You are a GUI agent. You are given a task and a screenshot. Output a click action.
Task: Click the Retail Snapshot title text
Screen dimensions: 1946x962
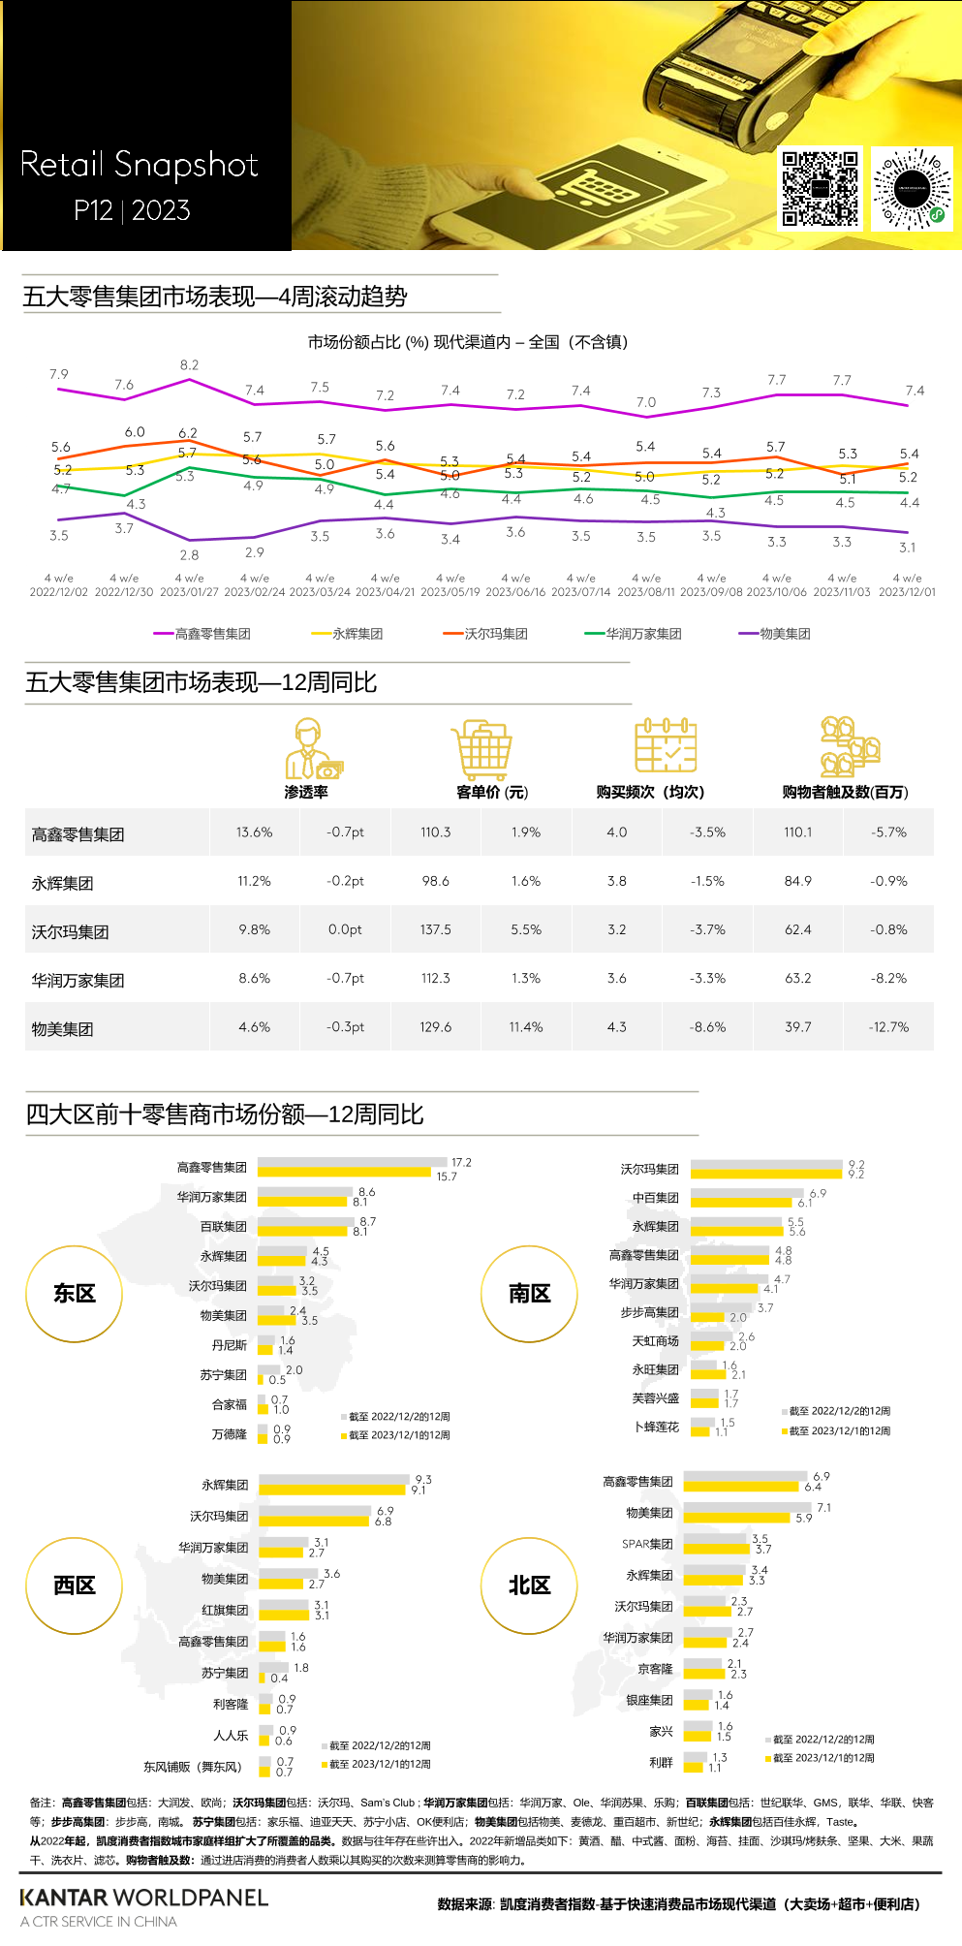[140, 165]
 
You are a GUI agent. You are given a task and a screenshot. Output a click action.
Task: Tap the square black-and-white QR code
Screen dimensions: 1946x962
[821, 188]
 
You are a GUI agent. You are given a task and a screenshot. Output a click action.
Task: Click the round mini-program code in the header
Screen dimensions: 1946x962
[912, 188]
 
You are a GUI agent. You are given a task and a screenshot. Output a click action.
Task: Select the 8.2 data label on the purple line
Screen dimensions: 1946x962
[189, 365]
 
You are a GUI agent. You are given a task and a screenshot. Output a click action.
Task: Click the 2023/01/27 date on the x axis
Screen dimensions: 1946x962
[189, 591]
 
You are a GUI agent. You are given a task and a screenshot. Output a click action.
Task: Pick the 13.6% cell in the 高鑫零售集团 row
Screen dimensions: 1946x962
[254, 832]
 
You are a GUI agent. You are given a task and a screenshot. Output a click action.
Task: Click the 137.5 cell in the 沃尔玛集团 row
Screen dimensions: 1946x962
[435, 929]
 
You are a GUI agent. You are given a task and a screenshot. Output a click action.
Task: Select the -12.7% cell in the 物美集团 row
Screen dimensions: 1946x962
[888, 1027]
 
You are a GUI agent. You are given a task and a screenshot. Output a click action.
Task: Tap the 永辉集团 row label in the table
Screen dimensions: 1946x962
[62, 883]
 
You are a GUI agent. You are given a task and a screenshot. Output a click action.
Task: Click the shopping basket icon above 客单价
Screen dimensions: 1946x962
[481, 749]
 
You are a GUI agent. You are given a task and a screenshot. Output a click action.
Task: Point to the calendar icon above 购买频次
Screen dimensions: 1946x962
[666, 745]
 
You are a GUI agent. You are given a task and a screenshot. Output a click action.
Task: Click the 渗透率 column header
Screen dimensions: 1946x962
[306, 792]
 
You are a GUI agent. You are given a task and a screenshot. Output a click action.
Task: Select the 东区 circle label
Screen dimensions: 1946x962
[75, 1294]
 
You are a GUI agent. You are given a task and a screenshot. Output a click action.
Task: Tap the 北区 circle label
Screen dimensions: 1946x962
[529, 1585]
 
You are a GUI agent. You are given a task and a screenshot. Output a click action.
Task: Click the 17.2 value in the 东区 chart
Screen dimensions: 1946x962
[461, 1163]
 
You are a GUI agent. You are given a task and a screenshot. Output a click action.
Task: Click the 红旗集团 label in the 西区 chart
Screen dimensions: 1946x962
[225, 1610]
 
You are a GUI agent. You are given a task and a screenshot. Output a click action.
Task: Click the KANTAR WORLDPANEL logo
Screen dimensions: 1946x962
[143, 1898]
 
